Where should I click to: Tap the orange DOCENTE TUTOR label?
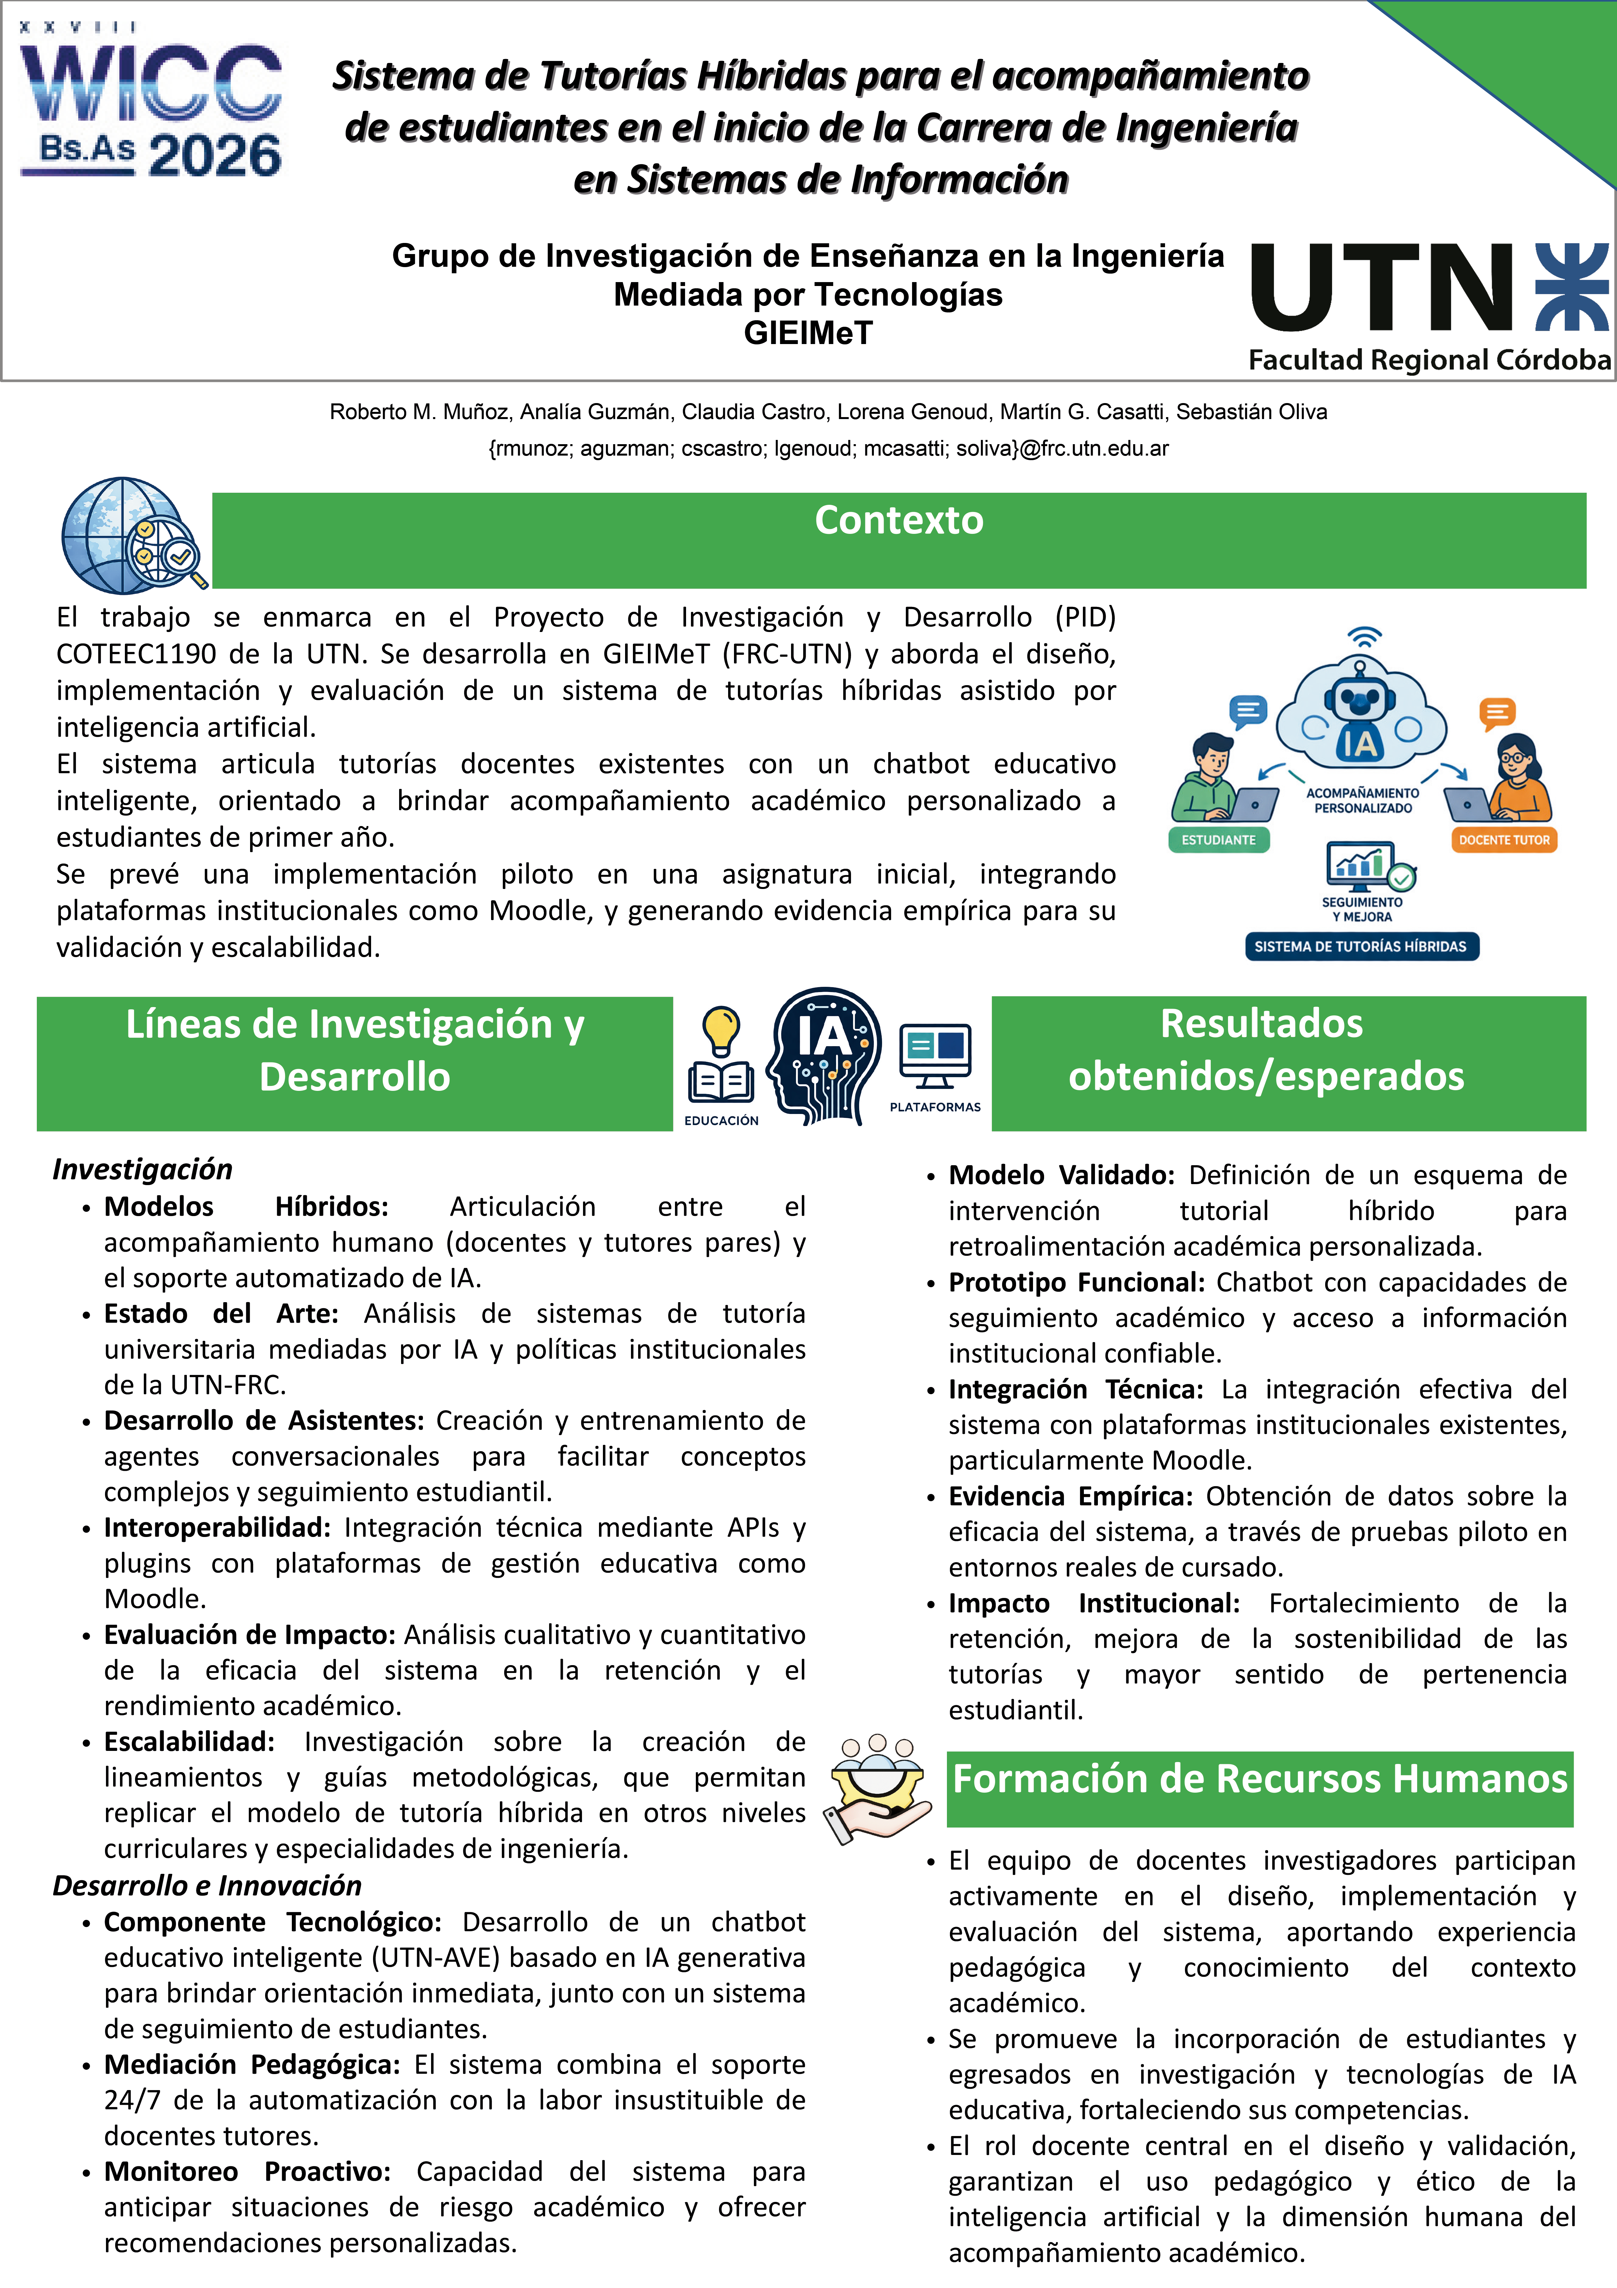click(1504, 840)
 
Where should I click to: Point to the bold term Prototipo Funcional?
click(1076, 1283)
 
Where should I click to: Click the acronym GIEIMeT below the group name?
click(808, 333)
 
